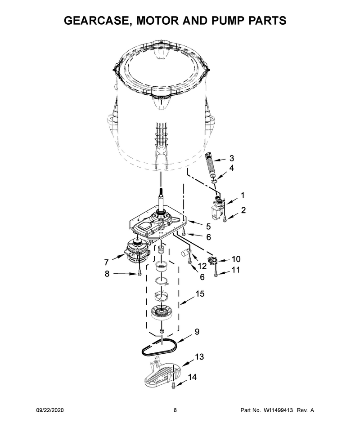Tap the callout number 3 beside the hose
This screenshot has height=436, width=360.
232,159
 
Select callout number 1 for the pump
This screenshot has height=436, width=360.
243,196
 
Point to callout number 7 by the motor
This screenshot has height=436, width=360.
106,262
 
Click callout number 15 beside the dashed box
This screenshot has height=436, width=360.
200,294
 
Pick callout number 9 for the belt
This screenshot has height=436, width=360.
197,332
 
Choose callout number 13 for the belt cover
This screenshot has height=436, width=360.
199,356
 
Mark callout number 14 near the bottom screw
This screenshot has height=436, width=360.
192,377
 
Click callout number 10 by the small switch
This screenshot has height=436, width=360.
236,259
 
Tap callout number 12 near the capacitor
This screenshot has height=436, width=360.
202,266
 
